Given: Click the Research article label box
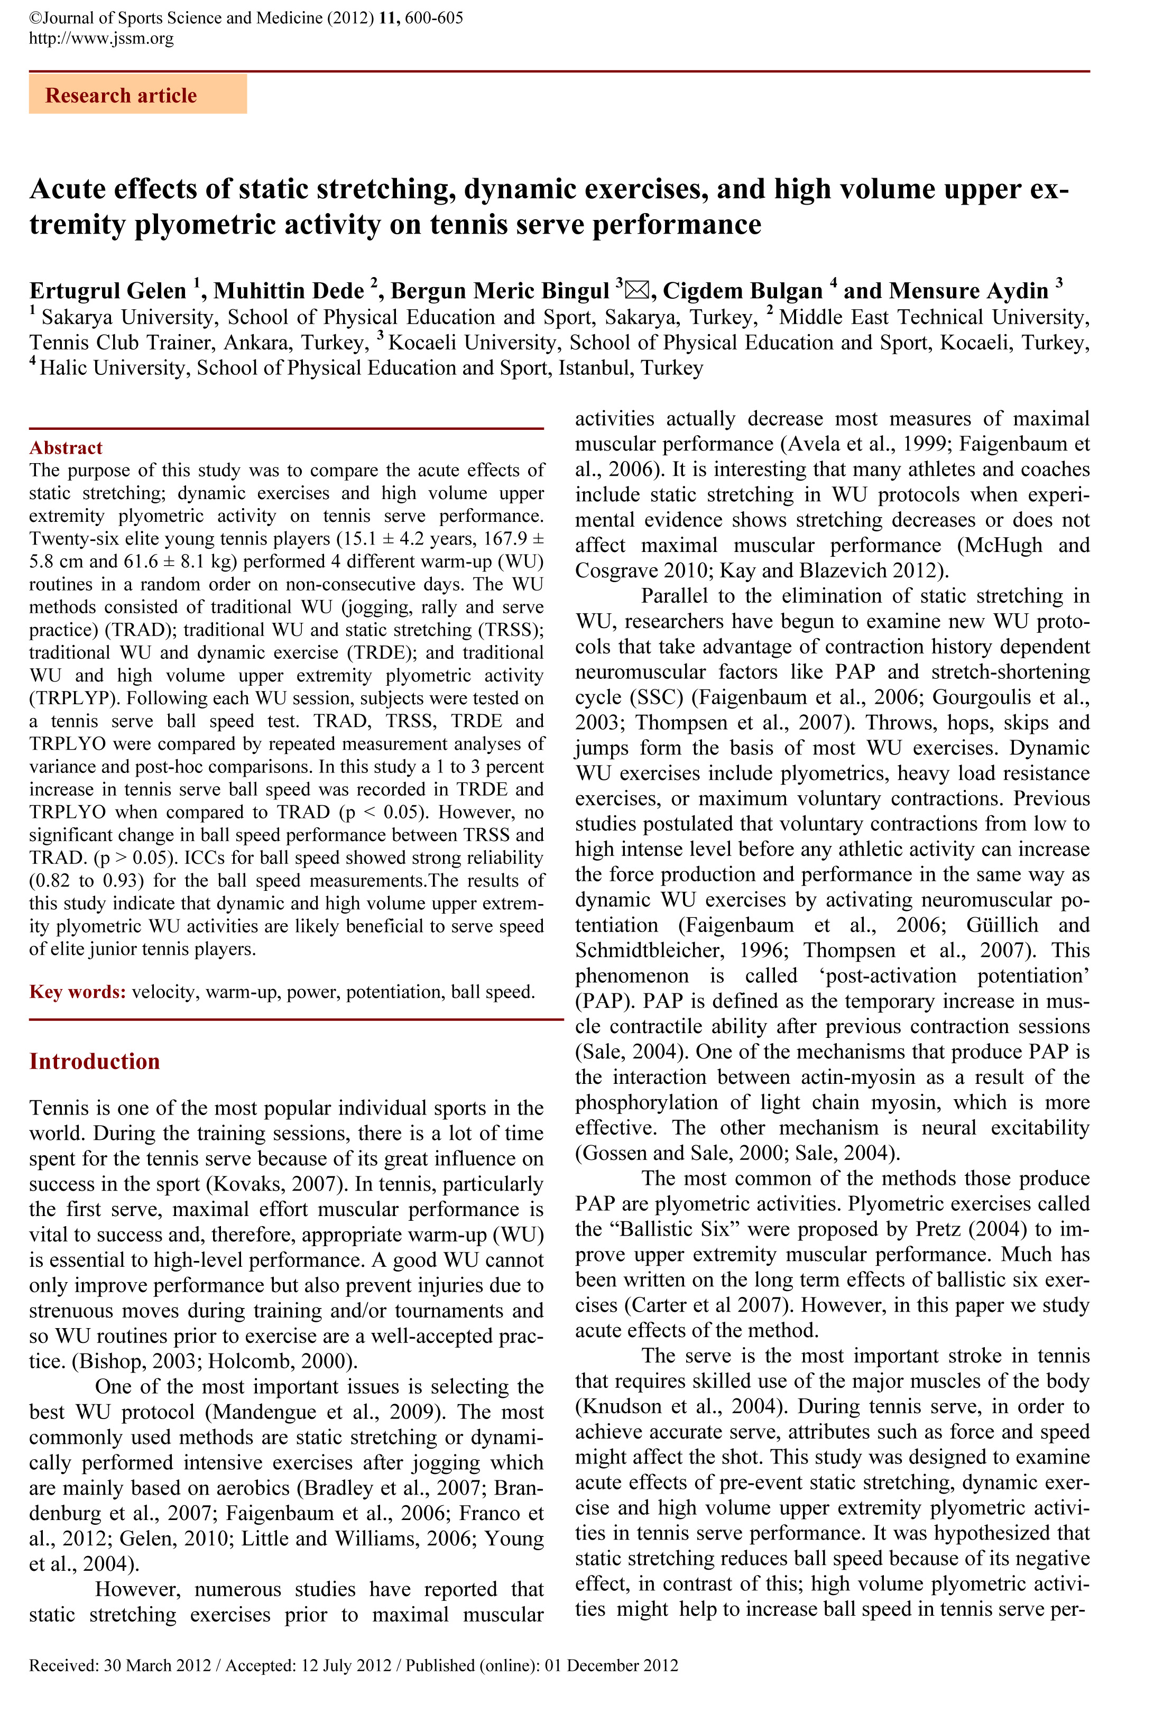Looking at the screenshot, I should tap(137, 95).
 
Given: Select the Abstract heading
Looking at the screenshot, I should tap(66, 448).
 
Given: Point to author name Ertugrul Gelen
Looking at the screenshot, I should tap(107, 291).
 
